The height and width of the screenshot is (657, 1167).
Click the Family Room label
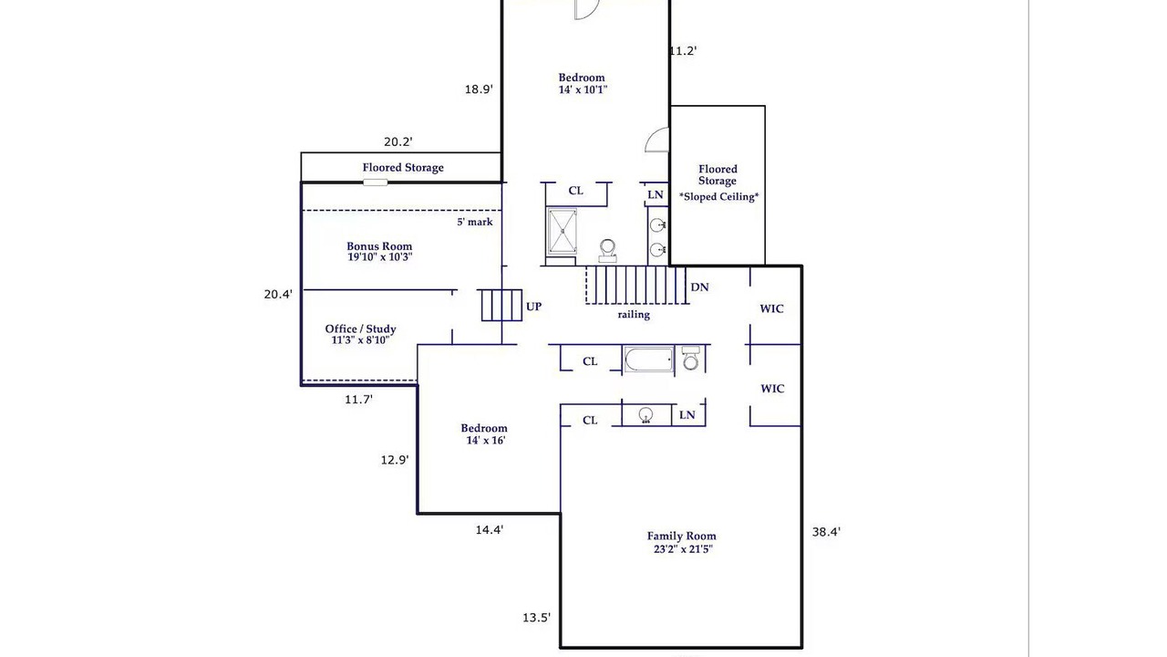pos(682,542)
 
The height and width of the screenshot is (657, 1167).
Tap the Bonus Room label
pos(380,251)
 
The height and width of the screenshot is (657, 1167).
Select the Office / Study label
pos(360,334)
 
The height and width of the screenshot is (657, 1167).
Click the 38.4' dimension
pos(826,532)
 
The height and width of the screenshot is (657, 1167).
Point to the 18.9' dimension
pos(479,89)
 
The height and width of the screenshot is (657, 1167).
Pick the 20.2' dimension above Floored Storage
pos(398,141)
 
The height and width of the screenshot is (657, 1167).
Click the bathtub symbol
pos(648,360)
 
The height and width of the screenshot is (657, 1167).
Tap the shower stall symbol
pos(563,232)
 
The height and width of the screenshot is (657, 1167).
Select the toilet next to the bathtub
pos(691,358)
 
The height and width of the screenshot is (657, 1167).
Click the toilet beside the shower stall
pos(607,251)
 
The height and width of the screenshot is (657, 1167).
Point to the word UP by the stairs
pos(533,307)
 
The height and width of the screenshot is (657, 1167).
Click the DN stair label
pos(699,287)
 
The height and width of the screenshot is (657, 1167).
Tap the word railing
pos(634,315)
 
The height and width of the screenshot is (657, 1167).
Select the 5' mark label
pos(475,222)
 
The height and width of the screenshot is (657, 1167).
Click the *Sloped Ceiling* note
pos(719,196)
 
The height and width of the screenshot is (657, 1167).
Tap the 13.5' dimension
pos(537,618)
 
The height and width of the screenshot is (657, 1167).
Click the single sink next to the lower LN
pos(646,415)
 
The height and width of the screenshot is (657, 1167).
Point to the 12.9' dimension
pos(395,460)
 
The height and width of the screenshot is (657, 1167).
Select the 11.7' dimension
pos(359,400)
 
